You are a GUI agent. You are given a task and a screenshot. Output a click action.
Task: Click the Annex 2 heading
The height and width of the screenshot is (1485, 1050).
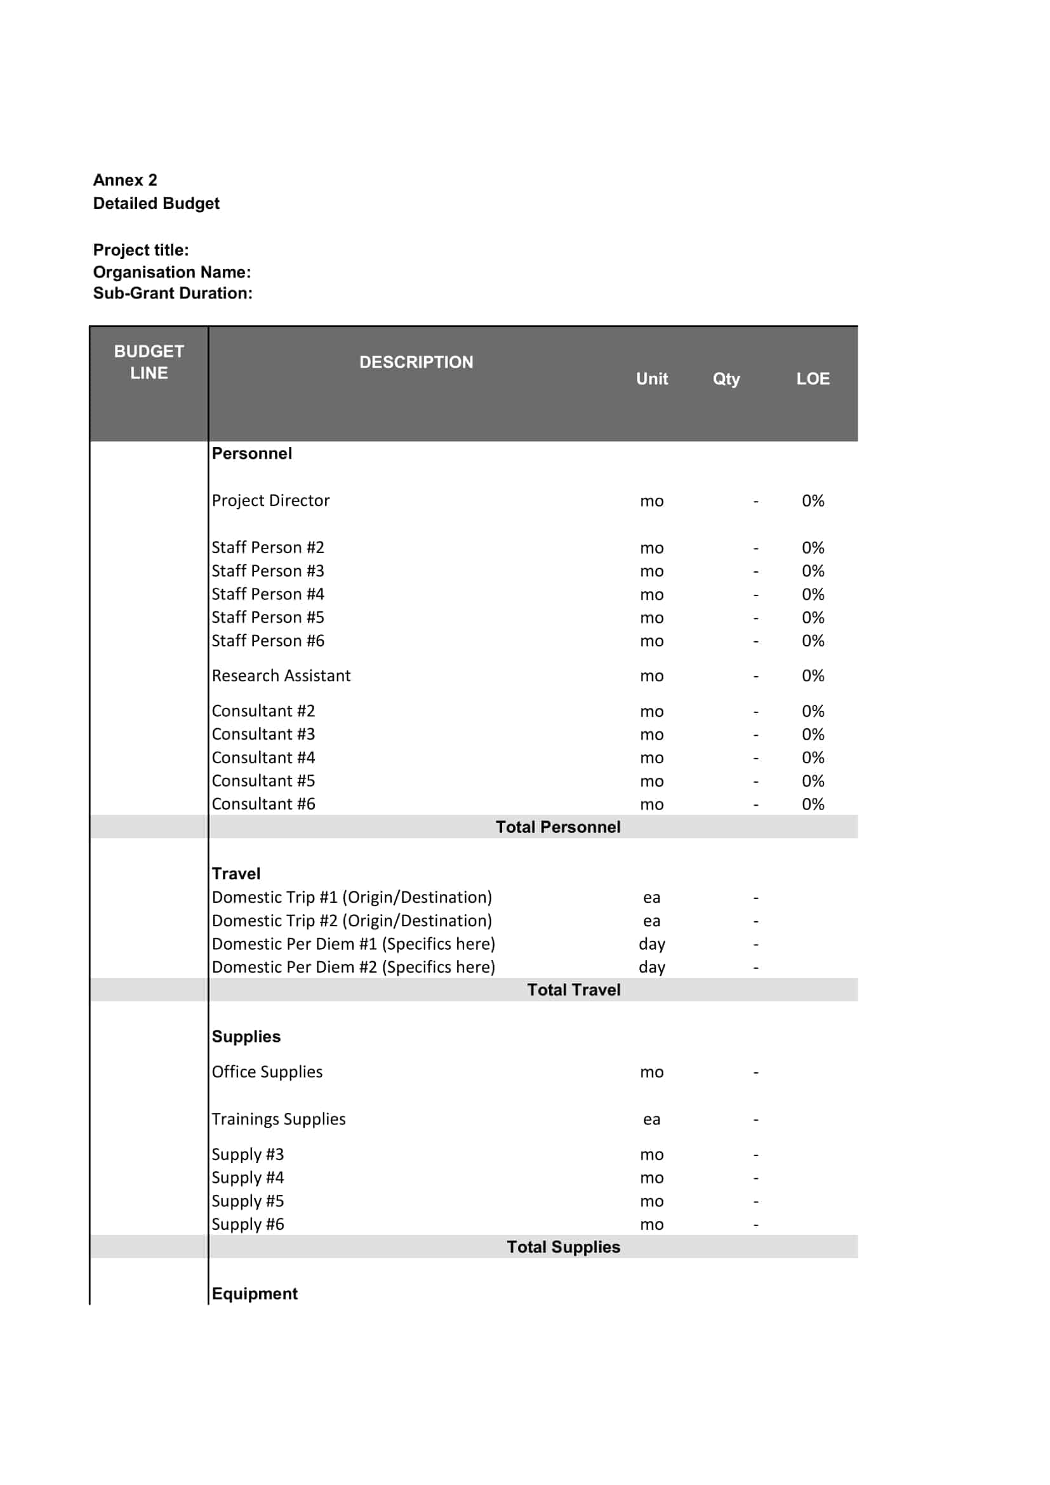coord(125,180)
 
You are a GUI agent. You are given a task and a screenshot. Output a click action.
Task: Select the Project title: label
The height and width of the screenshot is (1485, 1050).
coord(141,250)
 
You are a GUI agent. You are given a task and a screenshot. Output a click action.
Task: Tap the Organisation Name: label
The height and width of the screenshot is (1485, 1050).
coord(171,272)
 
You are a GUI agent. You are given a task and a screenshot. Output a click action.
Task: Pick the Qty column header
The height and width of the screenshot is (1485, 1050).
coord(726,379)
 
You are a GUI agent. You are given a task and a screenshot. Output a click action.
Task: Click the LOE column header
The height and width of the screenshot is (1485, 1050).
coord(813,379)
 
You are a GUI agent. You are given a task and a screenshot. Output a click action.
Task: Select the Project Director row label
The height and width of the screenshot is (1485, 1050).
coord(270,500)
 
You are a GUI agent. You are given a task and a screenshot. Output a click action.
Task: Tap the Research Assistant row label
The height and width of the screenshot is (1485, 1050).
coord(281,676)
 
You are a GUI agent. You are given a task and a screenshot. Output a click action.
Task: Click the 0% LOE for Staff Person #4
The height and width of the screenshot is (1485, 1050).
coord(813,594)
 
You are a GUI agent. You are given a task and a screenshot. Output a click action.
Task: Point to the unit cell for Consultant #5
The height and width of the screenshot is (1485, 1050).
coord(652,782)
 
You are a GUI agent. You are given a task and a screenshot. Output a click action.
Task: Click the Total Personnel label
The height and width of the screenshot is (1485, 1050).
coord(557,827)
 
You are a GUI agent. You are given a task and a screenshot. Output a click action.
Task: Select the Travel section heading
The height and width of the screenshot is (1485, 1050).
coord(236,874)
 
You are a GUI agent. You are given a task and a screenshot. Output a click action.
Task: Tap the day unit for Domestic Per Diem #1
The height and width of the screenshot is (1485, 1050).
coord(652,944)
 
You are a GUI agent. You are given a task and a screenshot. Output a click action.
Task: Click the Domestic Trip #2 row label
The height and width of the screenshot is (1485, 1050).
coord(352,921)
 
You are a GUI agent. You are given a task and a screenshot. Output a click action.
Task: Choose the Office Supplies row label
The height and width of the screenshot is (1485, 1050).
coord(267,1072)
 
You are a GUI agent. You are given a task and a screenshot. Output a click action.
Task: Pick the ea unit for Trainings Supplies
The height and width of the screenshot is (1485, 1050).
coord(652,1119)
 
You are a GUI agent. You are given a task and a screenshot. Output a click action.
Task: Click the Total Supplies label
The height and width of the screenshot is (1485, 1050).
coord(562,1247)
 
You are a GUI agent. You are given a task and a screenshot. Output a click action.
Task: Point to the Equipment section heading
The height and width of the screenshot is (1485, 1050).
coord(255,1293)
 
